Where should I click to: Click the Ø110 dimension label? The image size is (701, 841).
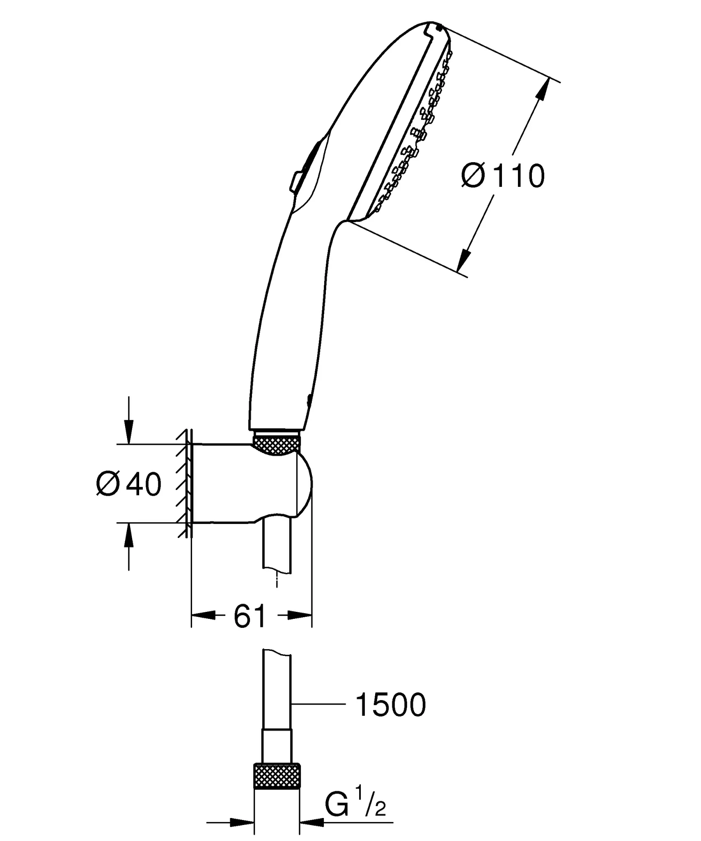coord(503,176)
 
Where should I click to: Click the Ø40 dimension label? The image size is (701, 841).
coord(129,485)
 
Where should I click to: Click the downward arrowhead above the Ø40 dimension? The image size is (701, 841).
coord(129,434)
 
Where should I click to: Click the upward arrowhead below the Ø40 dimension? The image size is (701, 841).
coord(129,534)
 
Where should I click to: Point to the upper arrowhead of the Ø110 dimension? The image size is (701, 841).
coord(543,89)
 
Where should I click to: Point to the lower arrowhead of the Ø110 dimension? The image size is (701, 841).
coord(464,260)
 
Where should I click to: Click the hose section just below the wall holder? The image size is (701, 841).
coord(277,546)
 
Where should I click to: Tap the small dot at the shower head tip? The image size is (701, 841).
coord(440,28)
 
